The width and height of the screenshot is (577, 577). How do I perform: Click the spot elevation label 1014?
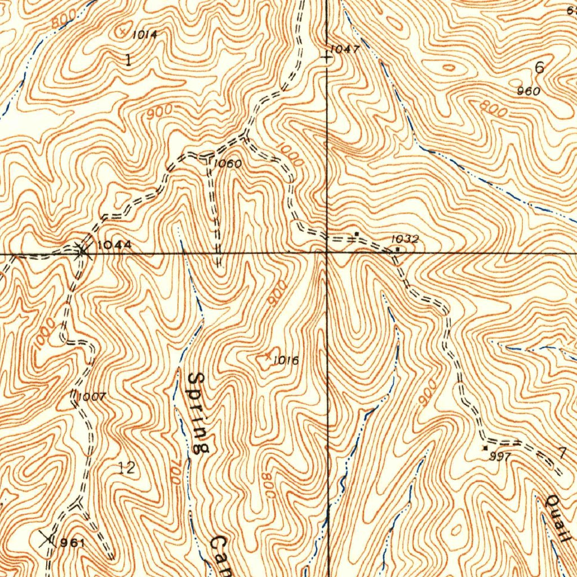coord(144,35)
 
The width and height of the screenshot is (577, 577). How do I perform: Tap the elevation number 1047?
coord(344,50)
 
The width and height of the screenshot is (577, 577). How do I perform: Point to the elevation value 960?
coord(528,91)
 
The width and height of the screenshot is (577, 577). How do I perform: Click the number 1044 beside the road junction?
coord(114,245)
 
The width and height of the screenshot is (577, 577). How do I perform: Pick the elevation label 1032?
coord(405,239)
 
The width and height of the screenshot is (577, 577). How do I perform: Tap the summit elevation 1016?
coord(286,361)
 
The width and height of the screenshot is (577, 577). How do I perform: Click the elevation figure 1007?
coord(91,396)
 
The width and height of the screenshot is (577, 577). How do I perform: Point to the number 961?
coord(72,543)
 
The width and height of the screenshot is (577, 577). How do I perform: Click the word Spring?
coord(199,412)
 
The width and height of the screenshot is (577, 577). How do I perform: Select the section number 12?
coord(127,467)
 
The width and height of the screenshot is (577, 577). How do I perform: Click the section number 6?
coord(539,68)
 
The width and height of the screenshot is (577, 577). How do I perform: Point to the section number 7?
coord(562,452)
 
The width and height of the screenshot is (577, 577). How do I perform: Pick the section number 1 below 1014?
coord(128,60)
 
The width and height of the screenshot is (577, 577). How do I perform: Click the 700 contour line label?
coord(176,472)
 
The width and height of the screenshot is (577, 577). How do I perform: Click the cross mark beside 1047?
coord(327,57)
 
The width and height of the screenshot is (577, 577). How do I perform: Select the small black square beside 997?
coord(485,448)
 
